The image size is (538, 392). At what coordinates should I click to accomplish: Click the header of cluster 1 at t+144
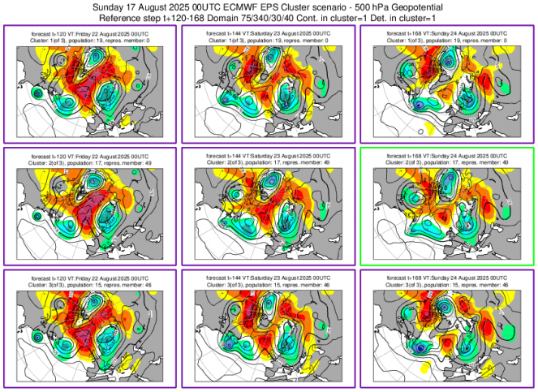[269, 36]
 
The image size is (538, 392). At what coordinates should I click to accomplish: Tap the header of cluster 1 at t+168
[446, 36]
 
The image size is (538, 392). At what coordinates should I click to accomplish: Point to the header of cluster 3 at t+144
[269, 281]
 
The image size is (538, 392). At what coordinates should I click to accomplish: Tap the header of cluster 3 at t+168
[446, 281]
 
